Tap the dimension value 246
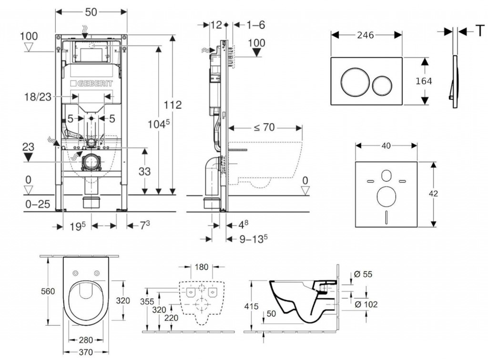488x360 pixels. click(x=365, y=35)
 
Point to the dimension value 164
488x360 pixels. click(x=424, y=81)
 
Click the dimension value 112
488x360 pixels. click(x=172, y=105)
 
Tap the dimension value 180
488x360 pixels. click(x=202, y=267)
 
